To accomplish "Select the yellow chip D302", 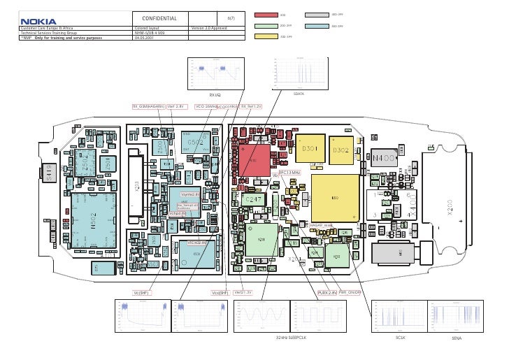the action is [340, 150].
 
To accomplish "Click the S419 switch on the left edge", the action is [50, 173].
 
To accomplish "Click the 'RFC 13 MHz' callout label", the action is [289, 171].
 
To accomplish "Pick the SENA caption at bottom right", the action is [457, 338].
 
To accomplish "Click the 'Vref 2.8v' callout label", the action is [175, 106].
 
